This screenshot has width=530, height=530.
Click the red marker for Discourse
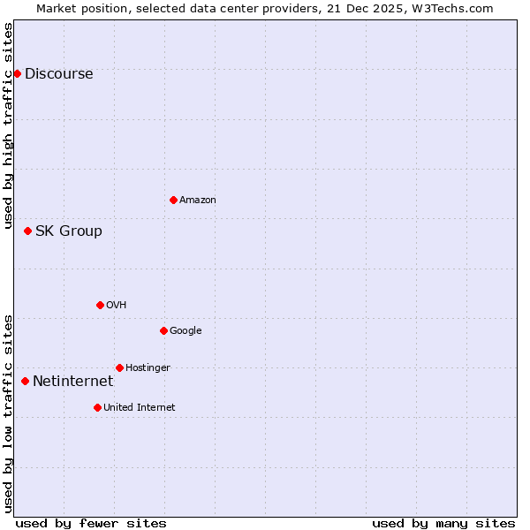point(17,73)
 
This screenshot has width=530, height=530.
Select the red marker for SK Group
point(27,231)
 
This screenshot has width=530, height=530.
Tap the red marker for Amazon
point(173,200)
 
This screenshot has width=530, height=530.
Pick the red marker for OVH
point(100,305)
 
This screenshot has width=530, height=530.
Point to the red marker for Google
point(163,330)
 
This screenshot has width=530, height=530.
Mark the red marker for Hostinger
point(119,367)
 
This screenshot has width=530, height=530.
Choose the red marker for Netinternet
point(25,381)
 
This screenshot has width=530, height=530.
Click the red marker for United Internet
point(97,407)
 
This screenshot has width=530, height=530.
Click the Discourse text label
point(58,74)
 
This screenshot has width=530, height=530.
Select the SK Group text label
point(68,231)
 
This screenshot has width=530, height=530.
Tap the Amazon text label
point(198,201)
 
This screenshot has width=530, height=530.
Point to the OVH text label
point(117,306)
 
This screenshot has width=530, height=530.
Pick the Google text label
point(185,331)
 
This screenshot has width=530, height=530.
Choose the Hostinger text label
point(148,368)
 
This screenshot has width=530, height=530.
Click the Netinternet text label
point(72,382)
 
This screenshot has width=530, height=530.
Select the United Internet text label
point(139,408)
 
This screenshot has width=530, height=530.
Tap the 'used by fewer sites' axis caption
point(91,523)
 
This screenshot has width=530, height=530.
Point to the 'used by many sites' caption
point(443,523)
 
